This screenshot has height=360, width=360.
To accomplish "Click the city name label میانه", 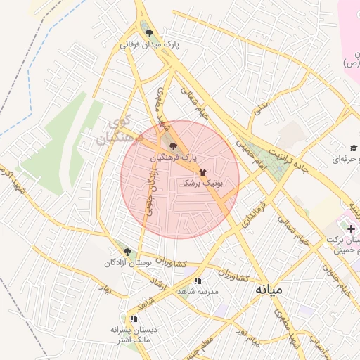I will (x=269, y=289).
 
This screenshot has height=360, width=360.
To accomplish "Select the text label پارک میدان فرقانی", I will (x=150, y=44).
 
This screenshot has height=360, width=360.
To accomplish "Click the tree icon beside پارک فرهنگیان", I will (x=173, y=146).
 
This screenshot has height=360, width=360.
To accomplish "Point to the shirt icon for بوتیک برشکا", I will (x=202, y=171).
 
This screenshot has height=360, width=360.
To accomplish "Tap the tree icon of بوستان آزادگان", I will (x=127, y=251).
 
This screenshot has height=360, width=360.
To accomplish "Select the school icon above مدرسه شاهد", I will (x=198, y=281).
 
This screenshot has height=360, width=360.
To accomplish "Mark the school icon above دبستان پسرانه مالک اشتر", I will (x=134, y=319).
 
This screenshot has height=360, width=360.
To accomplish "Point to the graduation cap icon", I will (x=354, y=148).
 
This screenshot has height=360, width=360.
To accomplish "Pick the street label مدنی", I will (x=262, y=108).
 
